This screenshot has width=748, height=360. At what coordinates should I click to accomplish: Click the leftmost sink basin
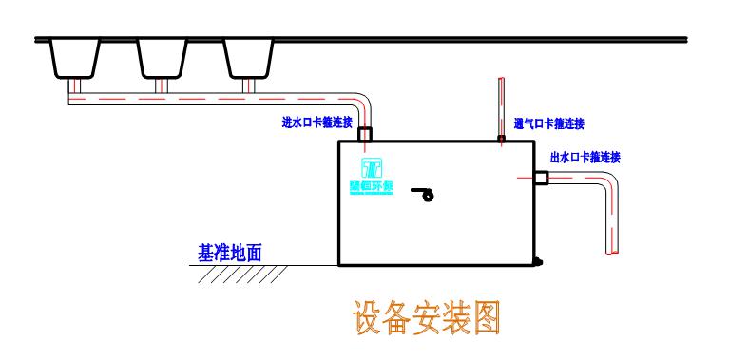pos(74,58)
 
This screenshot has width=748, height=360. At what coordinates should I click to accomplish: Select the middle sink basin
pos(163,58)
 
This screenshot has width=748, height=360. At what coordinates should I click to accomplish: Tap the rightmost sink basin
pos(250,58)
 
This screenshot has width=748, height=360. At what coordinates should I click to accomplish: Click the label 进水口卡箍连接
pos(317,122)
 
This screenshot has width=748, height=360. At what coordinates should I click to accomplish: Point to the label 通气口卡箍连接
pos(548,123)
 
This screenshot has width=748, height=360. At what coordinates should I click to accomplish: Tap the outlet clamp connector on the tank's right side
pos(540,178)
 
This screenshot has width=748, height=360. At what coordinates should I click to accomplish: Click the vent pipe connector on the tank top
pos(501,139)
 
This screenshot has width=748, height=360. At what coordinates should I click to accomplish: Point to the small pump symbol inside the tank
pos(424,196)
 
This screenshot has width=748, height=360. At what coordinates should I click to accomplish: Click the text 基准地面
pos(229,254)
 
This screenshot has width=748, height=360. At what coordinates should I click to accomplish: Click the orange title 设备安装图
pos(426,319)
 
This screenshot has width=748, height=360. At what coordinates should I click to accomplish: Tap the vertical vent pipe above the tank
pos(501,106)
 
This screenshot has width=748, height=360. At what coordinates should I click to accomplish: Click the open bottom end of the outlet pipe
pos(613,252)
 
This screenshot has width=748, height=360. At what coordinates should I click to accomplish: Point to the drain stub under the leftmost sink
pos(74,86)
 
